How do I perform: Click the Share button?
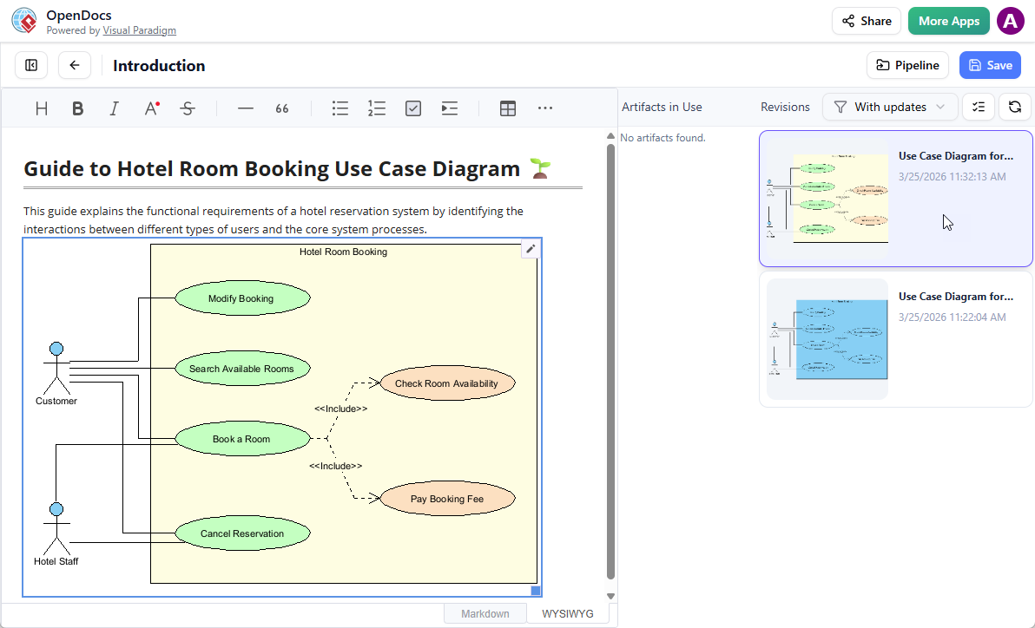coord(866,21)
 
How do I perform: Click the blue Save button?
coord(990,65)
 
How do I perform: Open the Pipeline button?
coord(907,65)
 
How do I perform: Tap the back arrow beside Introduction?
coord(75,65)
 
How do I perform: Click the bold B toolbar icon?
coord(78,108)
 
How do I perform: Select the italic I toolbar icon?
coord(114,108)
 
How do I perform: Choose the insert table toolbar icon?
coord(508,108)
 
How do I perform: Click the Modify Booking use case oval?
coord(242,298)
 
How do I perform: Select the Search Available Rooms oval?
coord(242,369)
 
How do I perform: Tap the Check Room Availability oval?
coord(447,383)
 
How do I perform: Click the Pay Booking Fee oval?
coord(447,499)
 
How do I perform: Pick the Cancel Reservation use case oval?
coord(242,533)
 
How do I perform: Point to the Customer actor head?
coord(56,350)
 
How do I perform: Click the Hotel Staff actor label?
coord(56,561)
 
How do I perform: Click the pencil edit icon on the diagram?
coord(531,249)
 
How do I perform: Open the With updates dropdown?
coord(890,107)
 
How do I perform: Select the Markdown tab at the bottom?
coord(485,613)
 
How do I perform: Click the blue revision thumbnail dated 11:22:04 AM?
coord(827,339)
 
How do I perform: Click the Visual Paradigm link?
coord(139,30)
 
